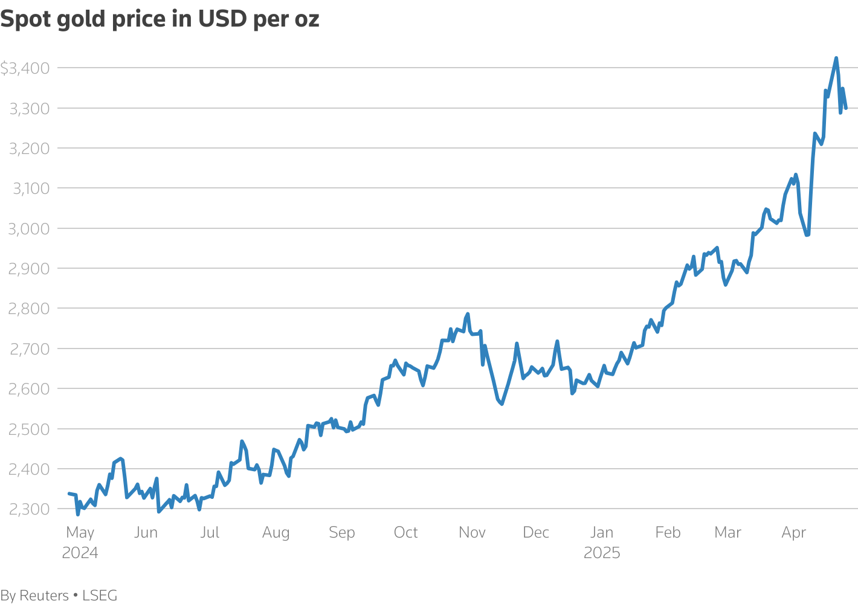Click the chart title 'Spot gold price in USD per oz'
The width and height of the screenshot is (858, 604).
coord(160,19)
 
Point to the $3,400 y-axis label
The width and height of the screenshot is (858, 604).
coord(25,68)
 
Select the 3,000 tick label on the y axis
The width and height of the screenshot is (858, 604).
coord(29,228)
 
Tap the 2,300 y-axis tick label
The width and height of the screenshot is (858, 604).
coord(29,509)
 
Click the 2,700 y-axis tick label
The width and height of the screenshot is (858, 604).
coord(29,349)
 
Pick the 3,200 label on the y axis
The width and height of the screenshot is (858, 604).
coord(29,149)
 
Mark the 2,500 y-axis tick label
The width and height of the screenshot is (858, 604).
coord(29,429)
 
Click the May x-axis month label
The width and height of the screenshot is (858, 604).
coord(80,532)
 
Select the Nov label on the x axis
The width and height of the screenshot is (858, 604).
coord(472,532)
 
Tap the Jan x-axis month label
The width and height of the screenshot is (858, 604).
coord(602,532)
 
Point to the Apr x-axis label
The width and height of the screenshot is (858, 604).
coord(793,532)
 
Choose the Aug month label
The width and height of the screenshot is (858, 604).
coord(276,532)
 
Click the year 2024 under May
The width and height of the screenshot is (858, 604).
coord(80,553)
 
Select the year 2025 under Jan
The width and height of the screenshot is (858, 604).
coord(602,553)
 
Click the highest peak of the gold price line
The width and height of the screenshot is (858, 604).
coord(836,58)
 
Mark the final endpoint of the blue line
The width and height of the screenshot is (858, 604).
coord(846,108)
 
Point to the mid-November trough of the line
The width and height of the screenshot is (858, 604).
coord(502,403)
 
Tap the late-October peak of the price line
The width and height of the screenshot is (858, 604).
coord(468,314)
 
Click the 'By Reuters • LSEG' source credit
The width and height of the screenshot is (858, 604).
coord(59,596)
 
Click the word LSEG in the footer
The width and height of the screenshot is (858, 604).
coord(100,596)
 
